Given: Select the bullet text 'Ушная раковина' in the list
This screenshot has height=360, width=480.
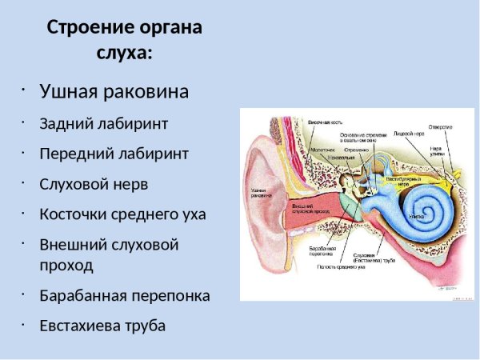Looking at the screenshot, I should tap(114, 92).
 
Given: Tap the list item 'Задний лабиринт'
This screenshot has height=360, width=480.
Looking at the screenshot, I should tap(104, 125).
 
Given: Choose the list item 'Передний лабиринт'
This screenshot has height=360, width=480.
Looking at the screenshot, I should tap(114, 154).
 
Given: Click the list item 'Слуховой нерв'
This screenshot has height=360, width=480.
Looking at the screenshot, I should tap(94, 184).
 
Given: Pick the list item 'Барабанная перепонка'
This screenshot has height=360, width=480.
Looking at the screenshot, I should tap(125, 295).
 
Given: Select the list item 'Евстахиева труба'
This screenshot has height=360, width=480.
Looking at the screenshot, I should tap(102, 326).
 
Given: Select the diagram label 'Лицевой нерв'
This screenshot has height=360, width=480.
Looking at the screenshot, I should tap(409, 134).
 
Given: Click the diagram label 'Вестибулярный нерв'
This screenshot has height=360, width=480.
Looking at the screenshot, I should tap(403, 179).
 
